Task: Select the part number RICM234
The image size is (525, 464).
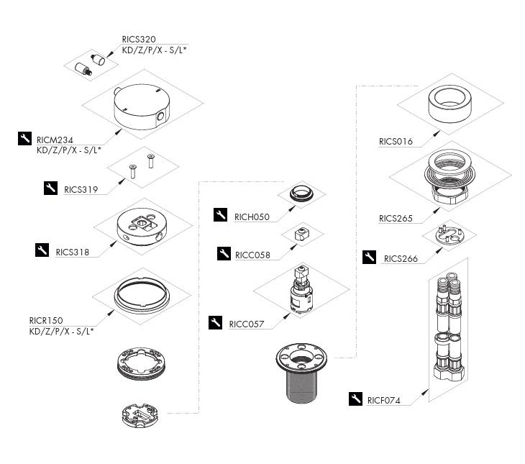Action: [55, 140]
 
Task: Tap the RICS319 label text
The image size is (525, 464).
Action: [81, 190]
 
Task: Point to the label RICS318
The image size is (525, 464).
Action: [72, 252]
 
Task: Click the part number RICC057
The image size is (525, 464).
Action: [246, 324]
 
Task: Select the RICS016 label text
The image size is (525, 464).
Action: [396, 142]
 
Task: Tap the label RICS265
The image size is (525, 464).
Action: [396, 219]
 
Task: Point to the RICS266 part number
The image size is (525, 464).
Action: [401, 258]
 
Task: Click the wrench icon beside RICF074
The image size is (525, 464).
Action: [355, 399]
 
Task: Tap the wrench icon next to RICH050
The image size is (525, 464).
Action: [222, 214]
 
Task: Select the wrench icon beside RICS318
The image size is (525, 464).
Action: [42, 250]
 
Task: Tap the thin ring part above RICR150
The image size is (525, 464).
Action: [140, 296]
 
